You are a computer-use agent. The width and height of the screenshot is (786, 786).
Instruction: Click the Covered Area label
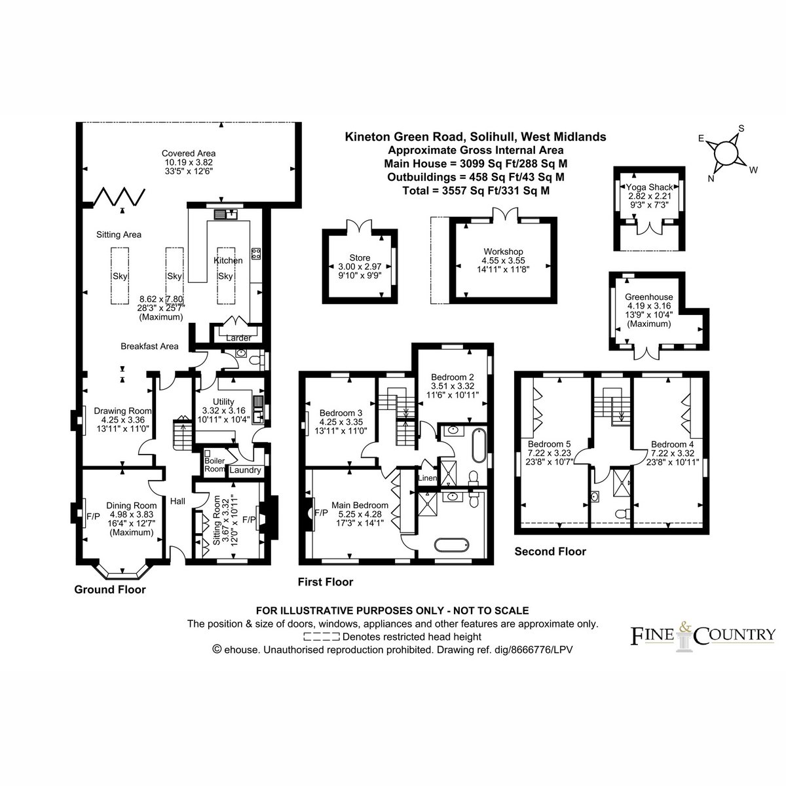point(189,153)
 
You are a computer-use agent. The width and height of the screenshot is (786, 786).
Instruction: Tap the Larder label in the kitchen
point(238,338)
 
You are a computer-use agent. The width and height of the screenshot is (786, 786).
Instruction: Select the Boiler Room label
point(215,464)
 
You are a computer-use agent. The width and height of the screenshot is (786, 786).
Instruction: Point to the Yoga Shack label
point(650,187)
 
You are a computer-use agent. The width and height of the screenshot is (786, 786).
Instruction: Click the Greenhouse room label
point(649,297)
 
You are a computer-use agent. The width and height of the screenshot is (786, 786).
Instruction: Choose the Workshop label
point(503,252)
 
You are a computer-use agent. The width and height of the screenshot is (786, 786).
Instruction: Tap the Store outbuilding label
point(360,258)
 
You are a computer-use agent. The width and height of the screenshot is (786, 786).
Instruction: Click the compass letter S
point(741,128)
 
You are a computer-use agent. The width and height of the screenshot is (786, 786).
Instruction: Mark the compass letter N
point(711,178)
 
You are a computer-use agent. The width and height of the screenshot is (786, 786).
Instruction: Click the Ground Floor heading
point(110,589)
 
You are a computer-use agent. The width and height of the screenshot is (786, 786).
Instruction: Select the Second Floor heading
point(550,552)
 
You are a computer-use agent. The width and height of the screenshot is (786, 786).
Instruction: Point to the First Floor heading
point(326,582)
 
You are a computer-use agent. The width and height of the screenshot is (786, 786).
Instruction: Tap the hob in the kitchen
point(256,254)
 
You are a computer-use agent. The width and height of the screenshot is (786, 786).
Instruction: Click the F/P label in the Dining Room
point(93,516)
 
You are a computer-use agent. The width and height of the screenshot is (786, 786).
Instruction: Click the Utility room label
point(223,402)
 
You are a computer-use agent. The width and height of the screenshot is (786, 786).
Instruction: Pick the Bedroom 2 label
point(453,377)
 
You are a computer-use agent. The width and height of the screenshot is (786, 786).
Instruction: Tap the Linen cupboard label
point(427,477)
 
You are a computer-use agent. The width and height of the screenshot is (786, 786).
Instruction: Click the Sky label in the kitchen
point(225,276)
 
